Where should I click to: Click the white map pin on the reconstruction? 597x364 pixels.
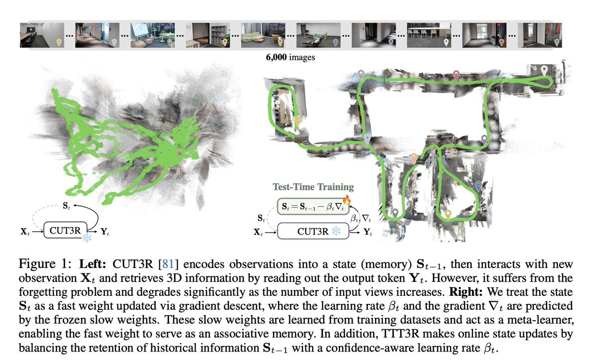pyautogui.click(x=544, y=71)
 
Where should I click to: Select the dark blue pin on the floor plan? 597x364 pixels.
pyautogui.click(x=479, y=186)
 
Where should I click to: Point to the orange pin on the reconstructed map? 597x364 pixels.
pyautogui.click(x=413, y=158)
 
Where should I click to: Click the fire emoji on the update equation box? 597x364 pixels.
pyautogui.click(x=346, y=200)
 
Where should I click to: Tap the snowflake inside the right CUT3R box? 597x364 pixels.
pyautogui.click(x=336, y=231)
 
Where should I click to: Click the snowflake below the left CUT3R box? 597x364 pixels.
pyautogui.click(x=87, y=238)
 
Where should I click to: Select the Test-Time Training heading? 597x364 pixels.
pyautogui.click(x=313, y=187)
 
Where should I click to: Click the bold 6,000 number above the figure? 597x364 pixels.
pyautogui.click(x=276, y=57)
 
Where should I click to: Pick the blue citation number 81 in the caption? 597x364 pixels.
pyautogui.click(x=168, y=264)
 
